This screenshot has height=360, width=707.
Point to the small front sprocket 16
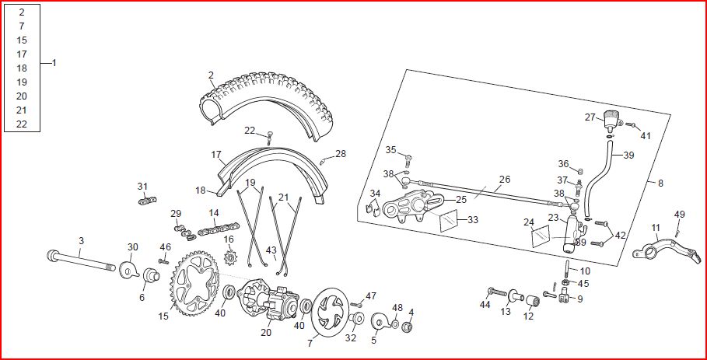click(x=231, y=258)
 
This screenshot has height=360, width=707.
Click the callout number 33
click(x=473, y=220)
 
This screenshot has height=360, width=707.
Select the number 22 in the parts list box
click(x=22, y=124)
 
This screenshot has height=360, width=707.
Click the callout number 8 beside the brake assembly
click(x=660, y=183)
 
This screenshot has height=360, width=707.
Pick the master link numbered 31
click(x=148, y=201)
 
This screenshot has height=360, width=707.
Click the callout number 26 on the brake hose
click(x=505, y=180)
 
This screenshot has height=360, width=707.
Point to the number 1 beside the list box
click(x=54, y=63)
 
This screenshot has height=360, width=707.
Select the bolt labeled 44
click(x=497, y=292)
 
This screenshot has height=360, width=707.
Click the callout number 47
click(x=371, y=296)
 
